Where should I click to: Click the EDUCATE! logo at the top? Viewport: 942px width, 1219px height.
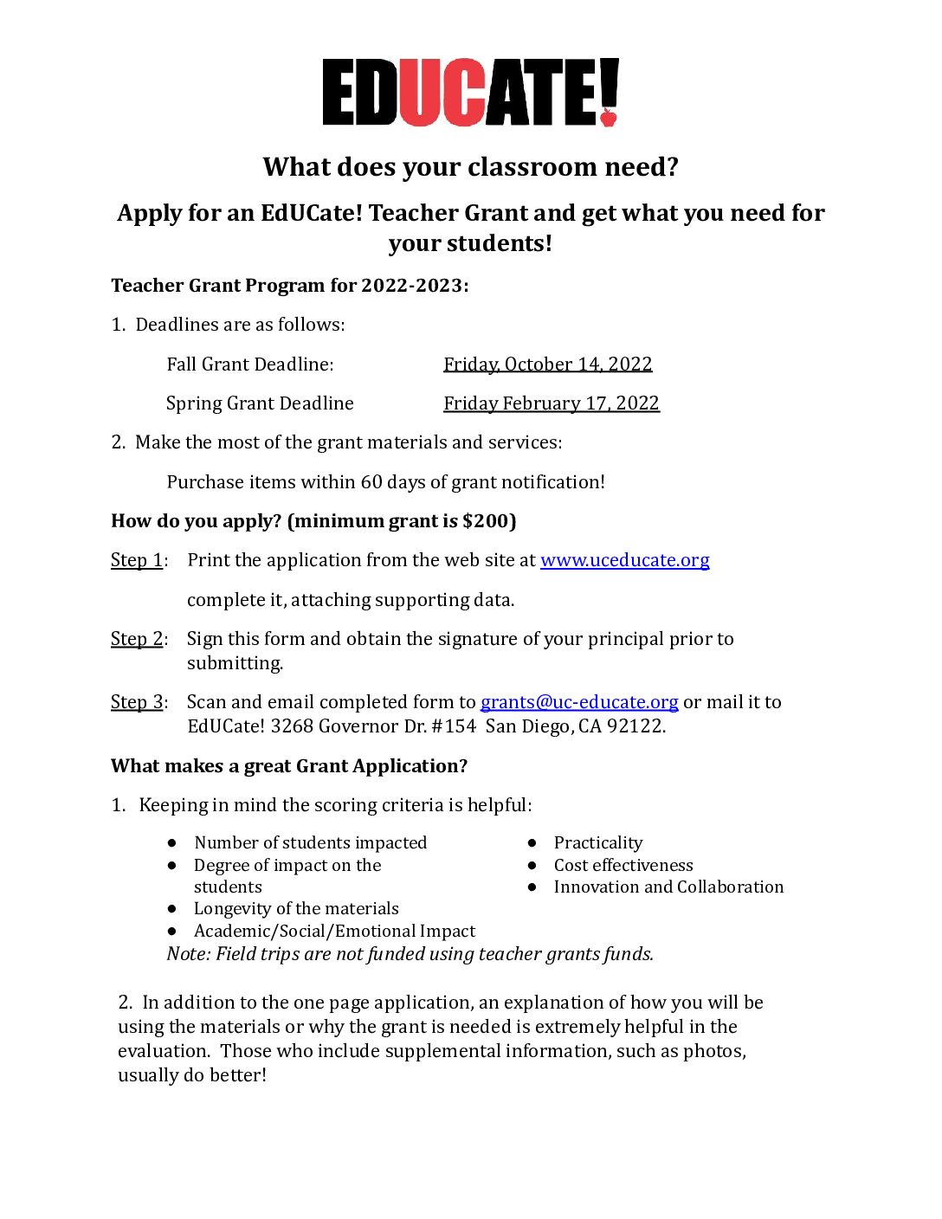pyautogui.click(x=470, y=93)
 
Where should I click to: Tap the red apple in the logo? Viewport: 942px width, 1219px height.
pyautogui.click(x=609, y=116)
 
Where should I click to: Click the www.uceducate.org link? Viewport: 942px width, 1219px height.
pyautogui.click(x=624, y=560)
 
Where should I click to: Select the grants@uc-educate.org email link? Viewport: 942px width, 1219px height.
pyautogui.click(x=579, y=702)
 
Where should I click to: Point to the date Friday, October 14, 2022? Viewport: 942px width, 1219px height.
pyautogui.click(x=547, y=364)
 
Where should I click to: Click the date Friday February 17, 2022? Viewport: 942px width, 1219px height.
pyautogui.click(x=551, y=403)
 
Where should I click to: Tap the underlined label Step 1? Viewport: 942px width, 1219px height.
pyautogui.click(x=137, y=560)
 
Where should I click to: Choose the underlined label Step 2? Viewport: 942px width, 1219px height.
pyautogui.click(x=137, y=639)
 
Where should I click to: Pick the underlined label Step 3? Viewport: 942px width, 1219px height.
pyautogui.click(x=137, y=702)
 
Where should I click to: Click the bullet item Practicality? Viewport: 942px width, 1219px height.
pyautogui.click(x=598, y=843)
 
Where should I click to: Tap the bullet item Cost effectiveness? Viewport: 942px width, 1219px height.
pyautogui.click(x=623, y=866)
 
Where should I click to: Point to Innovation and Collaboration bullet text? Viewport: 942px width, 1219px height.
pyautogui.click(x=668, y=887)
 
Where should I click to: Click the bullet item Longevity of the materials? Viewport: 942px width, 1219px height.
pyautogui.click(x=296, y=909)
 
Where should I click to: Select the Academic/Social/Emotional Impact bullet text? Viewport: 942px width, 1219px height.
pyautogui.click(x=334, y=932)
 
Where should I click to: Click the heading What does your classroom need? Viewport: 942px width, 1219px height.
pyautogui.click(x=470, y=167)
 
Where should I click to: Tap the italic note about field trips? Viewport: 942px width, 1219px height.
pyautogui.click(x=410, y=954)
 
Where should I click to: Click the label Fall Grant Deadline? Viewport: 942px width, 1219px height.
pyautogui.click(x=250, y=364)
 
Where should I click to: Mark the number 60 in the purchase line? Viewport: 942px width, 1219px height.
pyautogui.click(x=371, y=482)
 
